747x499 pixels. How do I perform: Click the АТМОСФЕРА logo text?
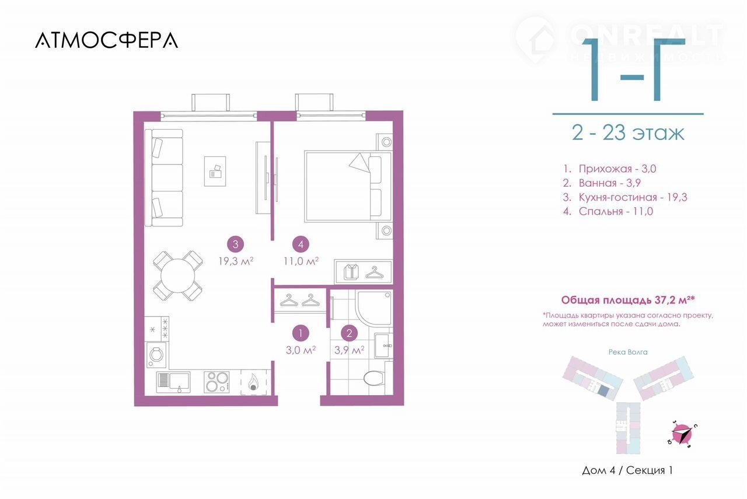coord(106,40)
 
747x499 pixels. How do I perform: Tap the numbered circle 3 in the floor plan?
coord(235,244)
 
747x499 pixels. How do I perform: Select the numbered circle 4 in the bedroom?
coord(301,244)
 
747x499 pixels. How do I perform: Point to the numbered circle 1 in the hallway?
coord(301,333)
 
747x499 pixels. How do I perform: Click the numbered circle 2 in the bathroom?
coord(349,333)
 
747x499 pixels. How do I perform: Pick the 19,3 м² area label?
coord(236,261)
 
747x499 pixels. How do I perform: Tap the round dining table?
coord(177,276)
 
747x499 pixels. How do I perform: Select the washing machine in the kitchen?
coord(156,354)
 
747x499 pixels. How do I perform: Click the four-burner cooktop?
coord(217,382)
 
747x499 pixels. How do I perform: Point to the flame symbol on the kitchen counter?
coord(253,383)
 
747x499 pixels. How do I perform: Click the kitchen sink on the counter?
coord(173,382)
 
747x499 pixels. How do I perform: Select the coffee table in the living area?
coord(215,171)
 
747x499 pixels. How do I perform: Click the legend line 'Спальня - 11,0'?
coord(608,211)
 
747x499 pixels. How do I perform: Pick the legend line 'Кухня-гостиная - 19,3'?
coord(625,197)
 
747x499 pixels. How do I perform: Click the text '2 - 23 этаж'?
coord(628,132)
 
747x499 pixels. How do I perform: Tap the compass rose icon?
coord(683,435)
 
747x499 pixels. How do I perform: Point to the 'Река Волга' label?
coord(628,352)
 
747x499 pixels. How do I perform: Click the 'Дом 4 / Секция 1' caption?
coord(627,470)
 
